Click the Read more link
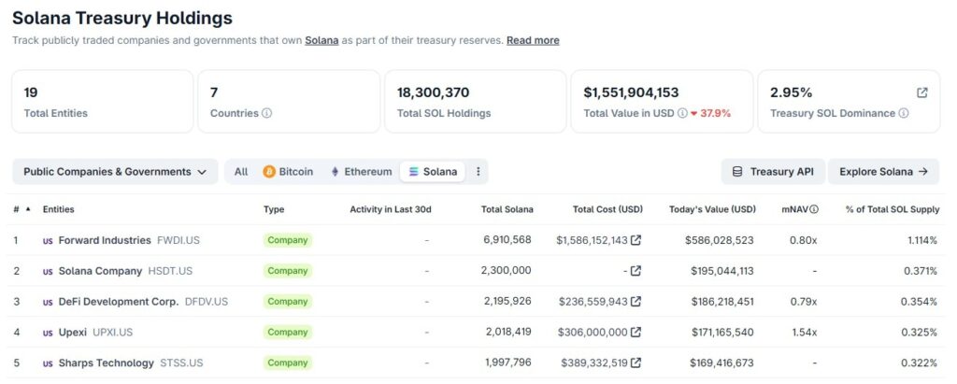(533, 40)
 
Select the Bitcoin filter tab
(288, 172)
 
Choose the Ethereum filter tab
(361, 172)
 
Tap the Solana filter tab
(434, 172)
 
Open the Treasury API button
(772, 172)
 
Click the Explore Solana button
(883, 172)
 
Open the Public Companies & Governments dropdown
(115, 172)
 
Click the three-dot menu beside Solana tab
(478, 172)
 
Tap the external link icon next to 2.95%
(922, 92)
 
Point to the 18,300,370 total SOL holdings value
(433, 92)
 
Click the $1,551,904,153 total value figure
(631, 92)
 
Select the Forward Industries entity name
(104, 240)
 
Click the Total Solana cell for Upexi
(507, 332)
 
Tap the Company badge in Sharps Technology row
(288, 363)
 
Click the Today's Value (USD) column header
(712, 209)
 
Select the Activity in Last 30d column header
(390, 209)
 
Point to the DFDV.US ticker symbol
(207, 302)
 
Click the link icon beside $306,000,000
(636, 332)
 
